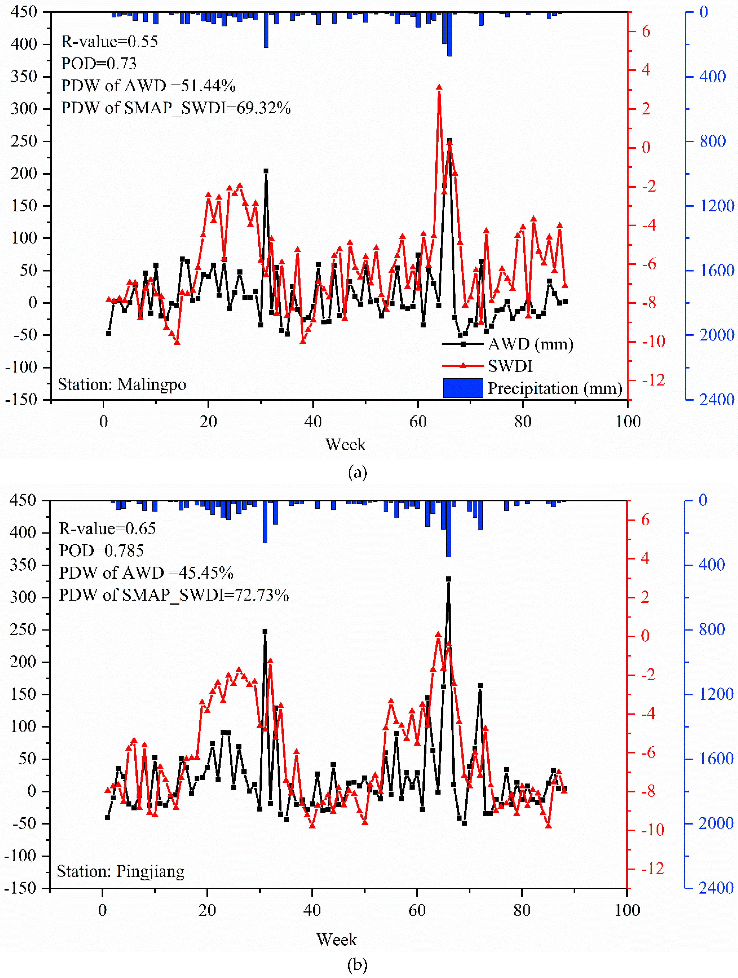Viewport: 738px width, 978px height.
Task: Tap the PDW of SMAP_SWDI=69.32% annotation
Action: (x=176, y=108)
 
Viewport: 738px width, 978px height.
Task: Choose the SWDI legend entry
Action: (x=510, y=366)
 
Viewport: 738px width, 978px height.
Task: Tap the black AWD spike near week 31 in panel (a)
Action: (x=266, y=171)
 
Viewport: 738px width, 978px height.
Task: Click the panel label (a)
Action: (x=357, y=473)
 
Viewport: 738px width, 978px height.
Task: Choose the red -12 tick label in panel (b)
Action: (x=652, y=869)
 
